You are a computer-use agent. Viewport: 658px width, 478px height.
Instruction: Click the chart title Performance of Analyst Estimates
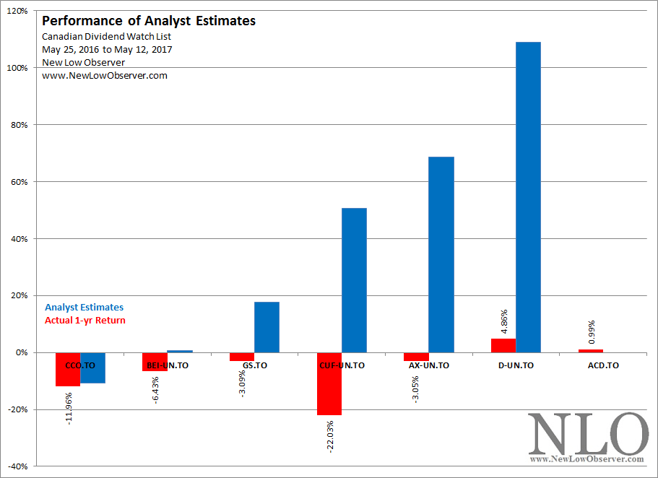pyautogui.click(x=149, y=21)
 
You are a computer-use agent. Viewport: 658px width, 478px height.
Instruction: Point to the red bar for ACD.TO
pyautogui.click(x=591, y=351)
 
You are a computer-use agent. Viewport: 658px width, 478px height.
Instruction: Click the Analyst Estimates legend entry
pyautogui.click(x=84, y=308)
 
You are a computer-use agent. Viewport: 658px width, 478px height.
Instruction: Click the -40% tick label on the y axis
pyautogui.click(x=16, y=466)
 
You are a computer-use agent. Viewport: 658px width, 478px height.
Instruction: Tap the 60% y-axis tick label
pyautogui.click(x=18, y=182)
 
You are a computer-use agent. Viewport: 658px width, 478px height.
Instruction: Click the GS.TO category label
pyautogui.click(x=254, y=365)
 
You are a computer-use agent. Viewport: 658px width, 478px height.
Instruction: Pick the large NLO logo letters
pyautogui.click(x=588, y=433)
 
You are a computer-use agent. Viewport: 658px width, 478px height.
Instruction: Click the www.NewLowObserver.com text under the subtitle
pyautogui.click(x=104, y=76)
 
